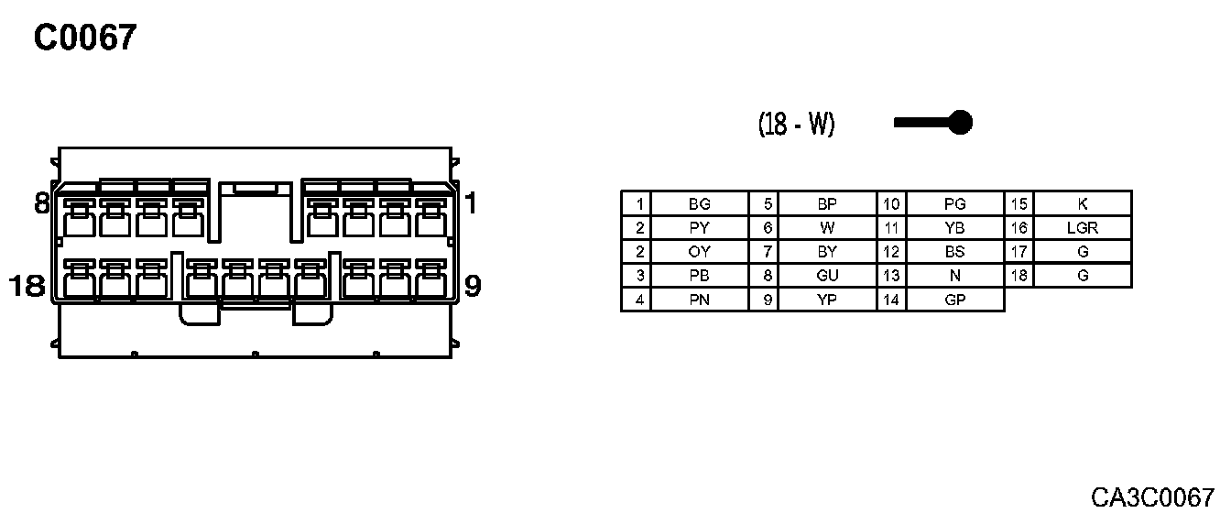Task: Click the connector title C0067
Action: [84, 38]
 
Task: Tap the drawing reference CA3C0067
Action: [1151, 497]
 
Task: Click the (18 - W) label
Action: [796, 124]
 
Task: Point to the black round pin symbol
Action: [959, 122]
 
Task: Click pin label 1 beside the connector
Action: [470, 203]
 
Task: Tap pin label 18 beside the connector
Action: [27, 287]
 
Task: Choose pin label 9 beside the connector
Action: [473, 287]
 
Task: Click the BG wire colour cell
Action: [699, 204]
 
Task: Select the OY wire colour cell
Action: [699, 252]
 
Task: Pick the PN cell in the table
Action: [699, 300]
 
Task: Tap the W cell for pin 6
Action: [827, 228]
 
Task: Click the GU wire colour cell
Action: [827, 276]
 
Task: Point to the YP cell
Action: [827, 300]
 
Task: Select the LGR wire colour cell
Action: [1083, 228]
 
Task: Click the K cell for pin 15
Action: [1083, 204]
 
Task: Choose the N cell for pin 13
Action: [955, 276]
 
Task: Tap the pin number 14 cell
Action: [891, 300]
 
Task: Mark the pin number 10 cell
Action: [891, 204]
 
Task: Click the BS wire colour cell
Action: [955, 252]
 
